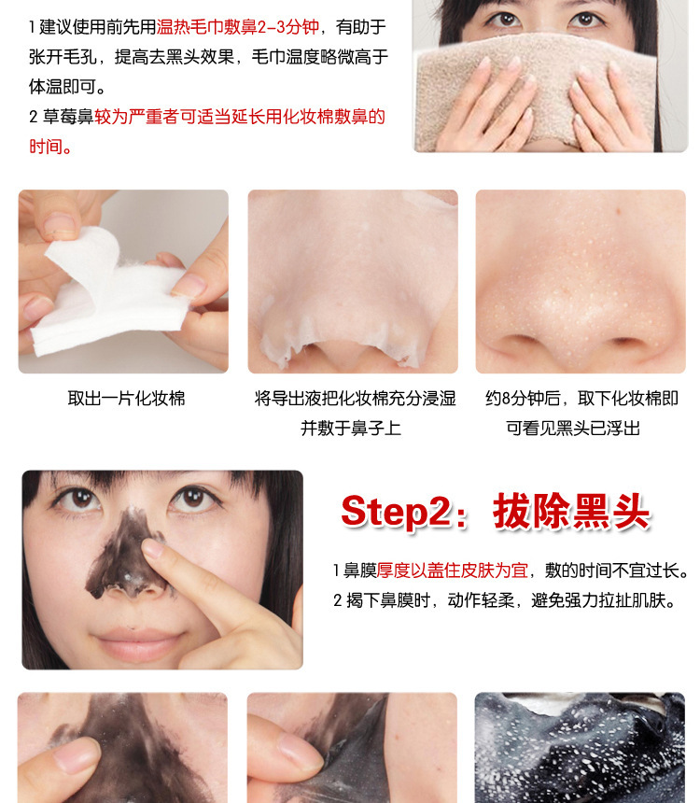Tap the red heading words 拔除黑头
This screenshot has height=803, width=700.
(x=571, y=511)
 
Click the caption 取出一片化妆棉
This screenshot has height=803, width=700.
(x=127, y=399)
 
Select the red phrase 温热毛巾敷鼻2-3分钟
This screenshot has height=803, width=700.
(x=238, y=27)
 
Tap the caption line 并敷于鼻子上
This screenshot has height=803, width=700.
(x=351, y=429)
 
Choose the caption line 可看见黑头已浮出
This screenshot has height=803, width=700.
(x=573, y=429)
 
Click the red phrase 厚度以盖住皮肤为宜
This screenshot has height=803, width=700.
(x=452, y=570)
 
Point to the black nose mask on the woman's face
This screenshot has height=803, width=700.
(x=123, y=556)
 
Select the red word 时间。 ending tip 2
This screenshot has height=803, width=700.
(x=50, y=147)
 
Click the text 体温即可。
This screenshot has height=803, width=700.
(x=67, y=87)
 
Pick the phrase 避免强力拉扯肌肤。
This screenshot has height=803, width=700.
(x=604, y=600)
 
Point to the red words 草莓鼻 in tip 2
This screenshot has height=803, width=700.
(x=68, y=117)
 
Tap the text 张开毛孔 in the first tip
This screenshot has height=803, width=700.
(x=63, y=57)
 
